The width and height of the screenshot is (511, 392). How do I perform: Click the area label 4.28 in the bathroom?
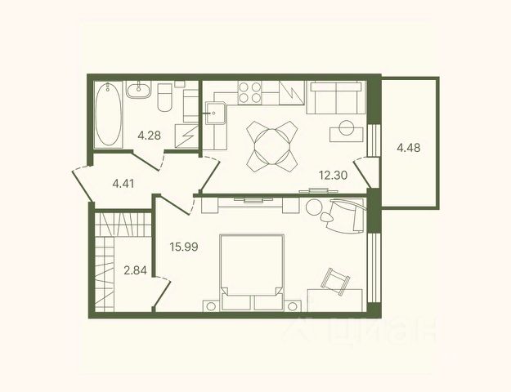tap(150, 135)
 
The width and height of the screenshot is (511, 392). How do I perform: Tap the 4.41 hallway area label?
tap(123, 184)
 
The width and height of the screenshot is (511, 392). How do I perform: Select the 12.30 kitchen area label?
tap(333, 175)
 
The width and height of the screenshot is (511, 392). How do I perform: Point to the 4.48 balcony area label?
tap(408, 148)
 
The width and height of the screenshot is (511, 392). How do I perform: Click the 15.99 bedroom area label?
tap(184, 247)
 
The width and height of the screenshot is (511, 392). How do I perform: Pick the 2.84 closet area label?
tap(135, 269)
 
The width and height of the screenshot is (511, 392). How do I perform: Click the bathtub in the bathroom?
tap(108, 114)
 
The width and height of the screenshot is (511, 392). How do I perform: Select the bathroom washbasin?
tap(139, 90)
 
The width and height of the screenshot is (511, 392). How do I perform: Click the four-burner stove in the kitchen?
tap(249, 93)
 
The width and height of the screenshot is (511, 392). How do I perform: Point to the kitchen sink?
tap(215, 113)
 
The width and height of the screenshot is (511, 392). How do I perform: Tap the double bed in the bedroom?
tap(252, 272)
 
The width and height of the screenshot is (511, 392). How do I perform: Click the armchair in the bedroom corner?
tap(345, 216)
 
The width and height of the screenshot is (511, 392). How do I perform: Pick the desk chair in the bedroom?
tap(335, 281)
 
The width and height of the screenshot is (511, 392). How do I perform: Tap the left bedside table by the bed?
tap(212, 306)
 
